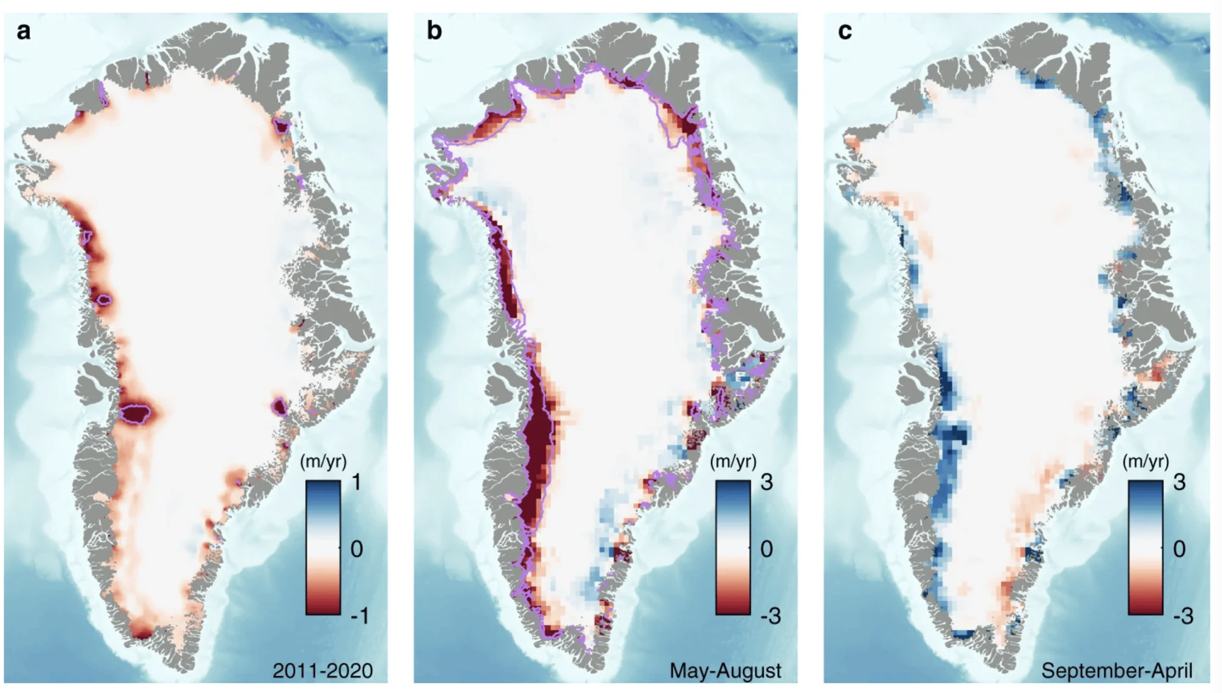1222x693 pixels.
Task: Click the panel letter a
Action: [x=23, y=31]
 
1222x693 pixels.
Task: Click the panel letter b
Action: [x=434, y=30]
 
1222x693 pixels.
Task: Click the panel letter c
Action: [x=844, y=31]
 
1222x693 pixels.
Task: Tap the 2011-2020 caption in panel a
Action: [x=323, y=670]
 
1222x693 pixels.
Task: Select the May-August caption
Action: [x=725, y=671]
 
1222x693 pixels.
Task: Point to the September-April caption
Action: [x=1117, y=671]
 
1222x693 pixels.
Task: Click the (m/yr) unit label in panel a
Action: [x=323, y=462]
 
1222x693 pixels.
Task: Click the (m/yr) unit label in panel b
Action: [x=733, y=462]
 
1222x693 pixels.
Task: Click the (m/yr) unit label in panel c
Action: [x=1146, y=462]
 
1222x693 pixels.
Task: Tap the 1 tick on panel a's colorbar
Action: [x=357, y=483]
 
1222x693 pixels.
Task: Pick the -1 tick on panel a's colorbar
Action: [x=359, y=615]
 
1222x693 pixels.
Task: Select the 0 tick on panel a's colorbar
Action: [x=357, y=549]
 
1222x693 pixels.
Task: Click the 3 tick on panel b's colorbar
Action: [x=767, y=483]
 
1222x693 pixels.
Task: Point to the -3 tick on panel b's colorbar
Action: [x=770, y=615]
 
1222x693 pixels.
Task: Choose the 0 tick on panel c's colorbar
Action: [x=1179, y=549]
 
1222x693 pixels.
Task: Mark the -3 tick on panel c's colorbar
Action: [x=1183, y=615]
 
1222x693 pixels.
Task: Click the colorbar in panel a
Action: [x=323, y=547]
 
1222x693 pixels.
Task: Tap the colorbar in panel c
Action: [x=1146, y=547]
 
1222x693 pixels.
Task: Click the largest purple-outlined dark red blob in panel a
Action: [x=136, y=413]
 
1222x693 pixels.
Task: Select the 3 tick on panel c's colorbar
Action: [x=1179, y=483]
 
